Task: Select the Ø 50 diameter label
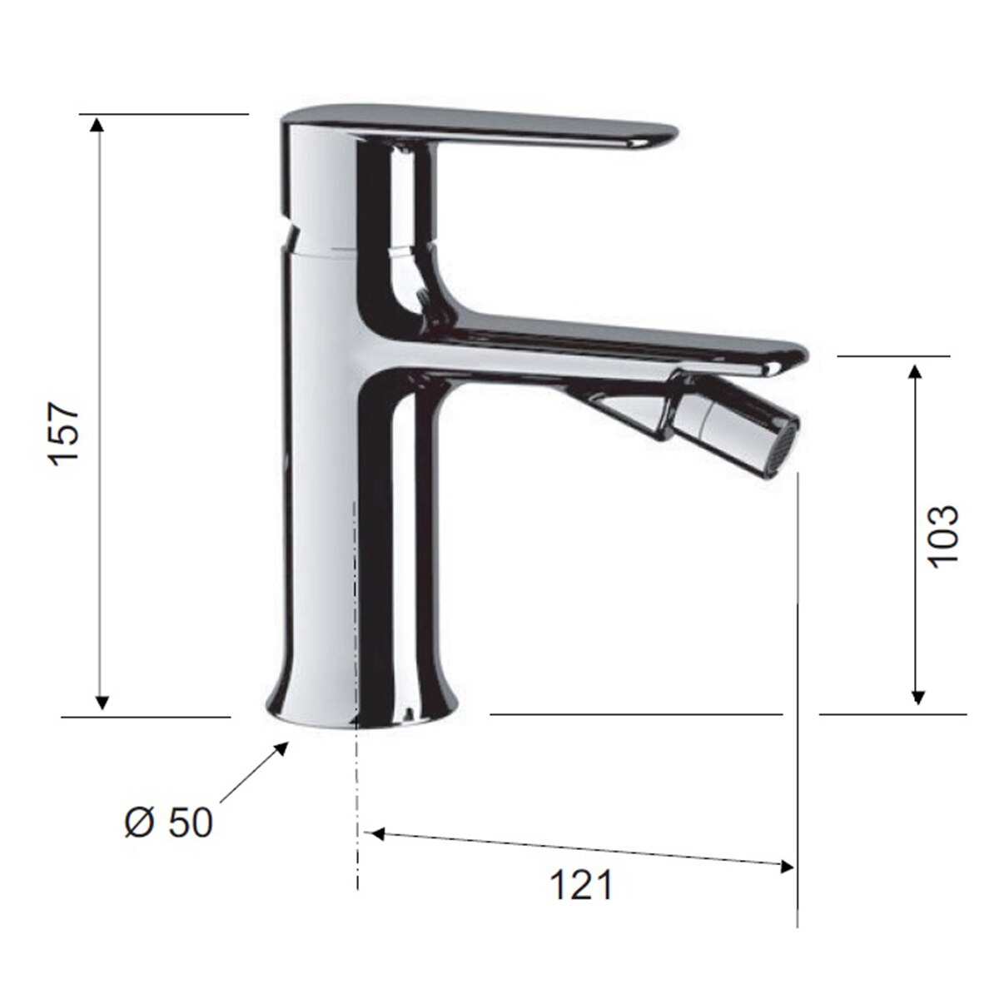pos(169,823)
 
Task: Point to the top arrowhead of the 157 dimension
pos(96,125)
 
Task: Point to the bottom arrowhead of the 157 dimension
pos(102,702)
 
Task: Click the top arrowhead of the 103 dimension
pos(916,373)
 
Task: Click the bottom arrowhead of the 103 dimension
pos(917,696)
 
